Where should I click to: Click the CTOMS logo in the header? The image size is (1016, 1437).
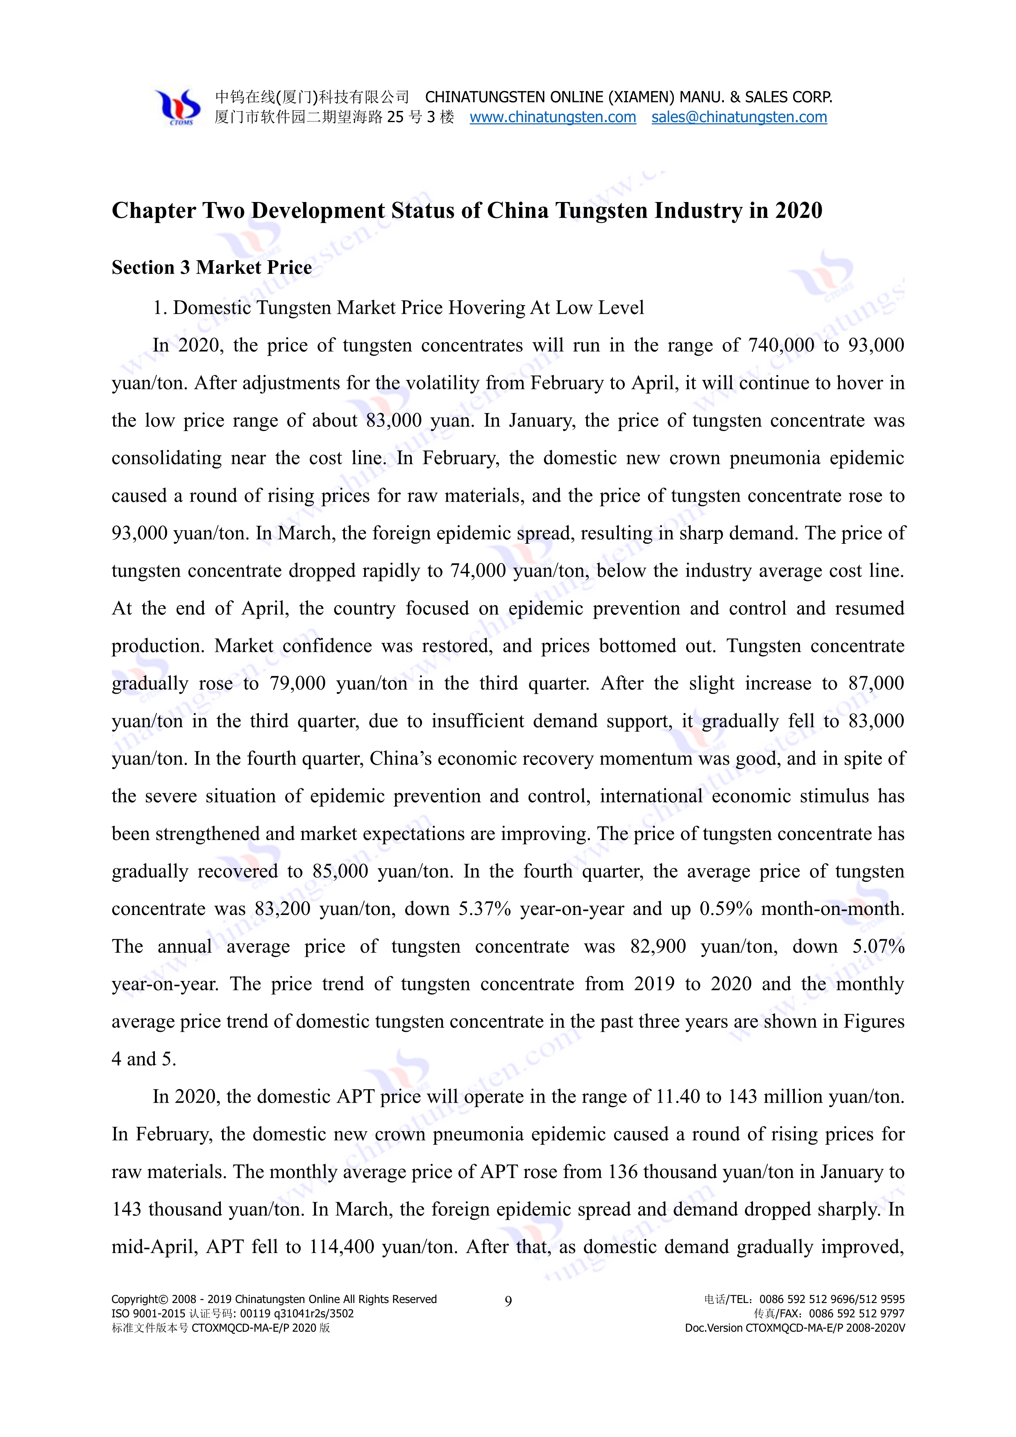pyautogui.click(x=178, y=107)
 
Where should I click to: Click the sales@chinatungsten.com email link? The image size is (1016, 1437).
pyautogui.click(x=739, y=117)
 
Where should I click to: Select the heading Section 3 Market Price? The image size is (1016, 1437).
pyautogui.click(x=211, y=267)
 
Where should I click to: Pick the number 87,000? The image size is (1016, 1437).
pyautogui.click(x=876, y=683)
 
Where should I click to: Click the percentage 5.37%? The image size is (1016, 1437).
pyautogui.click(x=485, y=909)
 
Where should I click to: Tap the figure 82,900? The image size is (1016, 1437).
pyautogui.click(x=658, y=946)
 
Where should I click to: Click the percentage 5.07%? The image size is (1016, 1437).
pyautogui.click(x=878, y=946)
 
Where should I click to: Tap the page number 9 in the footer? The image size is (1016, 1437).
pyautogui.click(x=508, y=1301)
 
